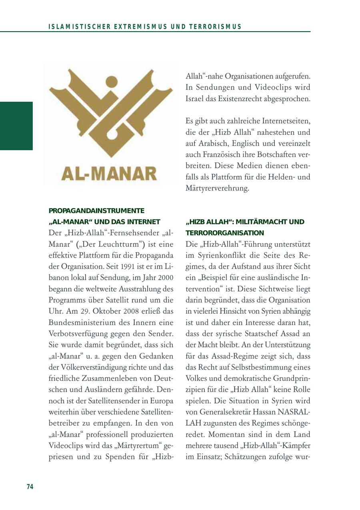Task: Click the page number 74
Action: [30, 486]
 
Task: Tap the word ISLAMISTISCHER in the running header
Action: [76, 27]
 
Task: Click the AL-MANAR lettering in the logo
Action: [109, 173]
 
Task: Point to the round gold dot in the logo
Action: [112, 82]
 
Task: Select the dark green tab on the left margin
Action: [16, 126]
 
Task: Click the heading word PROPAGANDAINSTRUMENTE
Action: [96, 211]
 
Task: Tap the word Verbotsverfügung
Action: [77, 333]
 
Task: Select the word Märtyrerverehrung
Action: [217, 188]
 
